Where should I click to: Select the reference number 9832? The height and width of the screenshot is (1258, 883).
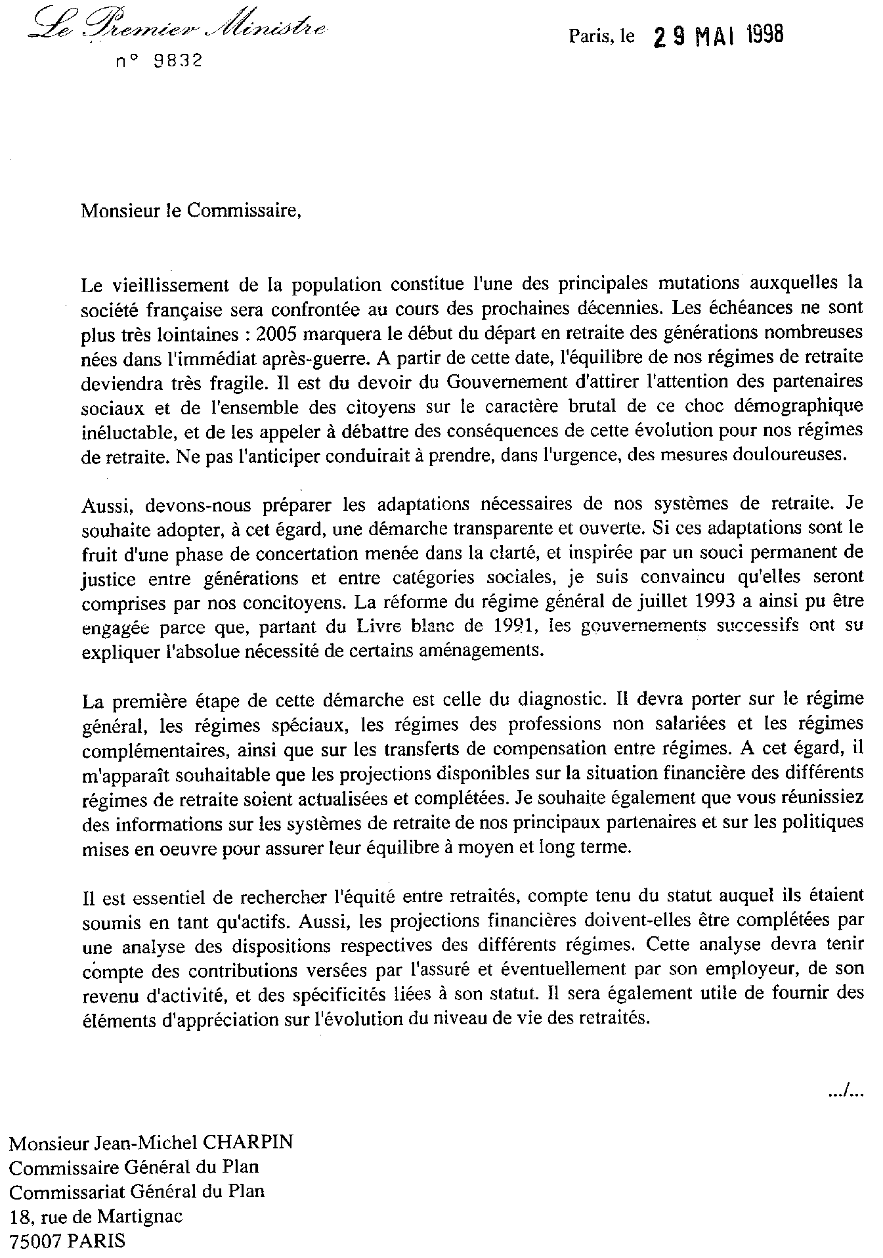(x=177, y=62)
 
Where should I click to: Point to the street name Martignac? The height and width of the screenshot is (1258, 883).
(x=140, y=1217)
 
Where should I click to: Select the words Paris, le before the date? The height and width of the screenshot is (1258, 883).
(x=601, y=37)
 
